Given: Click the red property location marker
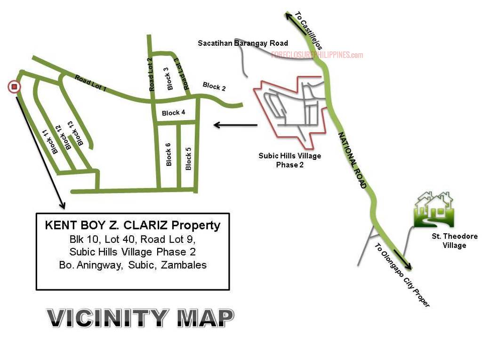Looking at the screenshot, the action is point(14,87).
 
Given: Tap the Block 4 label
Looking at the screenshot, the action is point(173,113).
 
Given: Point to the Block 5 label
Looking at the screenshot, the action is point(188,159).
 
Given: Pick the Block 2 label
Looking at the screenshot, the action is point(214,87).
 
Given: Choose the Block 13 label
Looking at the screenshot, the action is point(76,133).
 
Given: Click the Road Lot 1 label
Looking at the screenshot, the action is point(91,82).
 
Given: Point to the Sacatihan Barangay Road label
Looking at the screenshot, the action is point(242,43).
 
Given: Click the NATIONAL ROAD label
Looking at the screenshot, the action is point(352,160).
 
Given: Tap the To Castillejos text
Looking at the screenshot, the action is point(309,31).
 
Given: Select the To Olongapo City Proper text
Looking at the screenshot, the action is point(402,275).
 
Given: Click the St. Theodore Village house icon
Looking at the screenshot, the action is point(434,209).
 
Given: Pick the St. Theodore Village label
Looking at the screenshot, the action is point(454,240).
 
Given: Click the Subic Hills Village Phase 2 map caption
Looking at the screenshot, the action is point(289,160).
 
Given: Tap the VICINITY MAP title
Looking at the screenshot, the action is point(140,318).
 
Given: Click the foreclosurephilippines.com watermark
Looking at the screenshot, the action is point(317,55).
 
